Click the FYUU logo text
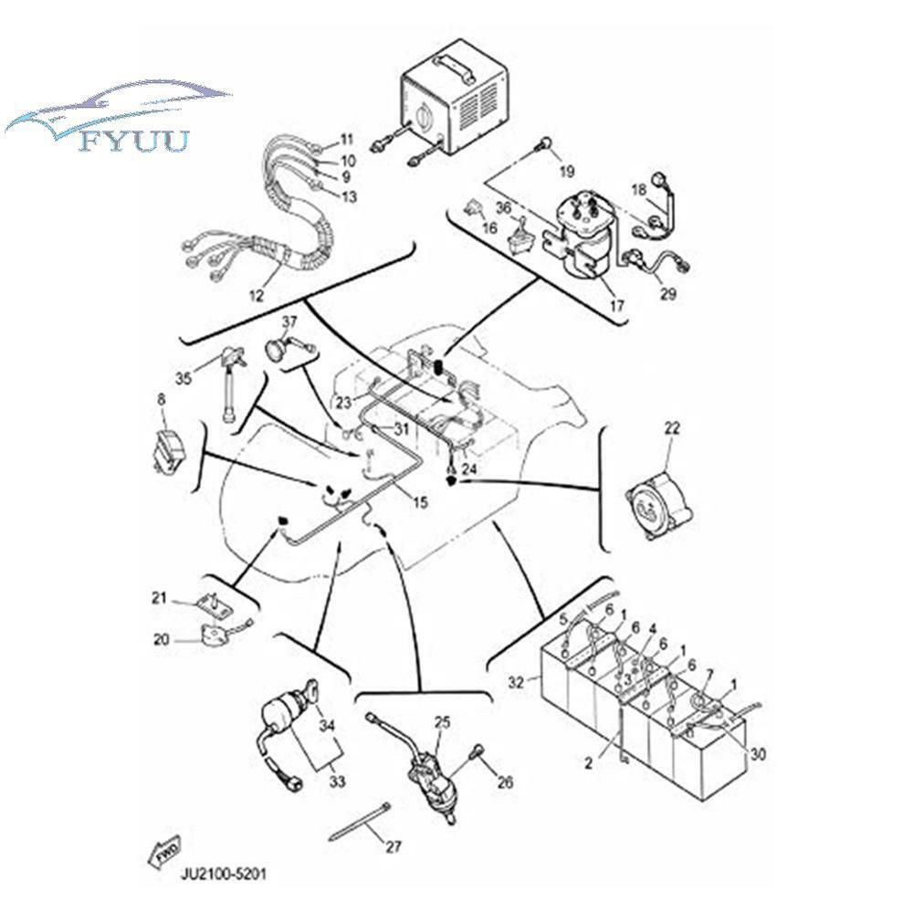[x=134, y=141]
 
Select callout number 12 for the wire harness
[x=257, y=295]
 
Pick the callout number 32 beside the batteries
[x=517, y=682]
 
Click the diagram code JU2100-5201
[x=225, y=874]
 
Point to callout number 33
[x=337, y=781]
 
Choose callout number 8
[x=162, y=400]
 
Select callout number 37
[x=289, y=322]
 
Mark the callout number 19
[x=567, y=172]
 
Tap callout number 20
[x=162, y=639]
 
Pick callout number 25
[x=443, y=723]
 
